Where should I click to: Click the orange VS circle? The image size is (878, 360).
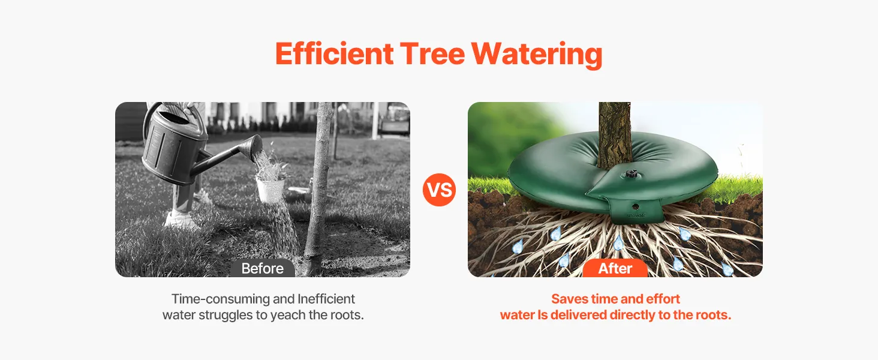439,190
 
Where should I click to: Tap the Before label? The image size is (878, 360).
262,268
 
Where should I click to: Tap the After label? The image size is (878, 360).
615,268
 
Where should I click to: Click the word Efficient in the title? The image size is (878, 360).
334,54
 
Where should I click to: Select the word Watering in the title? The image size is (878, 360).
537,55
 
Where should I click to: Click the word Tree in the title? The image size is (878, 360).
432,54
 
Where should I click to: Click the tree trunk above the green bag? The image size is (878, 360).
615,133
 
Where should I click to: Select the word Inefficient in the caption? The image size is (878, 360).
326,299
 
